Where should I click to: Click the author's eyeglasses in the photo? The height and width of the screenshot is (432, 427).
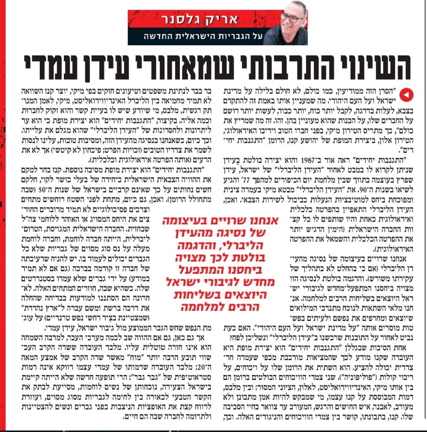pos(291,17)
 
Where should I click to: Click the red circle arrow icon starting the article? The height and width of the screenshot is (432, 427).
pos(405,96)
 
